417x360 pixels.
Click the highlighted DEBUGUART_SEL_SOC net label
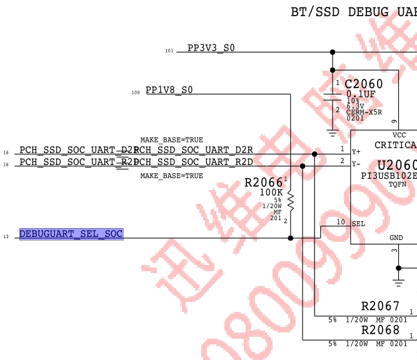coord(71,234)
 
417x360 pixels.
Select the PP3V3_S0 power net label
coord(211,48)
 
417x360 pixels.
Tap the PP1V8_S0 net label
coord(169,90)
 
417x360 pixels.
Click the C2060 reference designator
coord(363,84)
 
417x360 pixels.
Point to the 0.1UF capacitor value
coord(361,94)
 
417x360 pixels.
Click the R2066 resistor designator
coord(263,182)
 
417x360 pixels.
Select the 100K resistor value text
coord(271,192)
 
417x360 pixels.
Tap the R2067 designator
coord(380,306)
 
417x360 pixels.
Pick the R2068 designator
coord(380,329)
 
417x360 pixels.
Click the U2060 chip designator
coord(396,166)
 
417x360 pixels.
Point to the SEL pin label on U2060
coord(358,224)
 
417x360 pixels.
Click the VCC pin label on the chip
coord(399,135)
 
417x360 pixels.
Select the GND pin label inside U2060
coord(396,237)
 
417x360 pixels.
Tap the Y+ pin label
coord(356,151)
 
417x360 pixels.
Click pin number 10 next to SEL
coord(341,222)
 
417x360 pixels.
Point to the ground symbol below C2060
coord(332,132)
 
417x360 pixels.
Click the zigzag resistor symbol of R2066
coord(291,199)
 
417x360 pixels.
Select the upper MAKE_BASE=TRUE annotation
coord(171,140)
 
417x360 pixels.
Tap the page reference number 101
coord(169,51)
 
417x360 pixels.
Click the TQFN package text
coord(398,184)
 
